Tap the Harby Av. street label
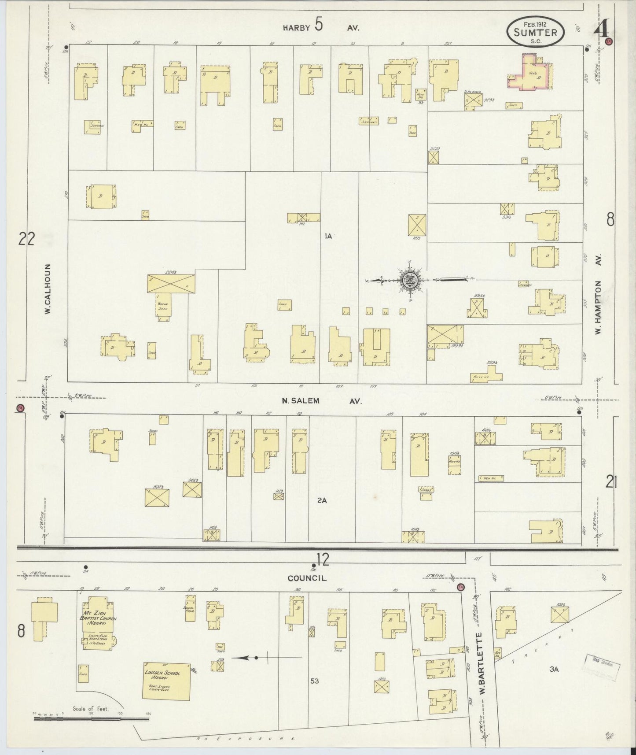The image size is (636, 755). coord(321,27)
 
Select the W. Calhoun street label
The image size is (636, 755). coord(47,289)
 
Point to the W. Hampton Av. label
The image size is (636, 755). coord(598,296)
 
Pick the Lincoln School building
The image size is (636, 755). coord(166,681)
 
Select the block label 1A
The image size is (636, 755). coord(328,236)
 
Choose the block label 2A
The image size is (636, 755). coord(322,500)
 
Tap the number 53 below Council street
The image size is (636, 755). coord(314,681)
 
